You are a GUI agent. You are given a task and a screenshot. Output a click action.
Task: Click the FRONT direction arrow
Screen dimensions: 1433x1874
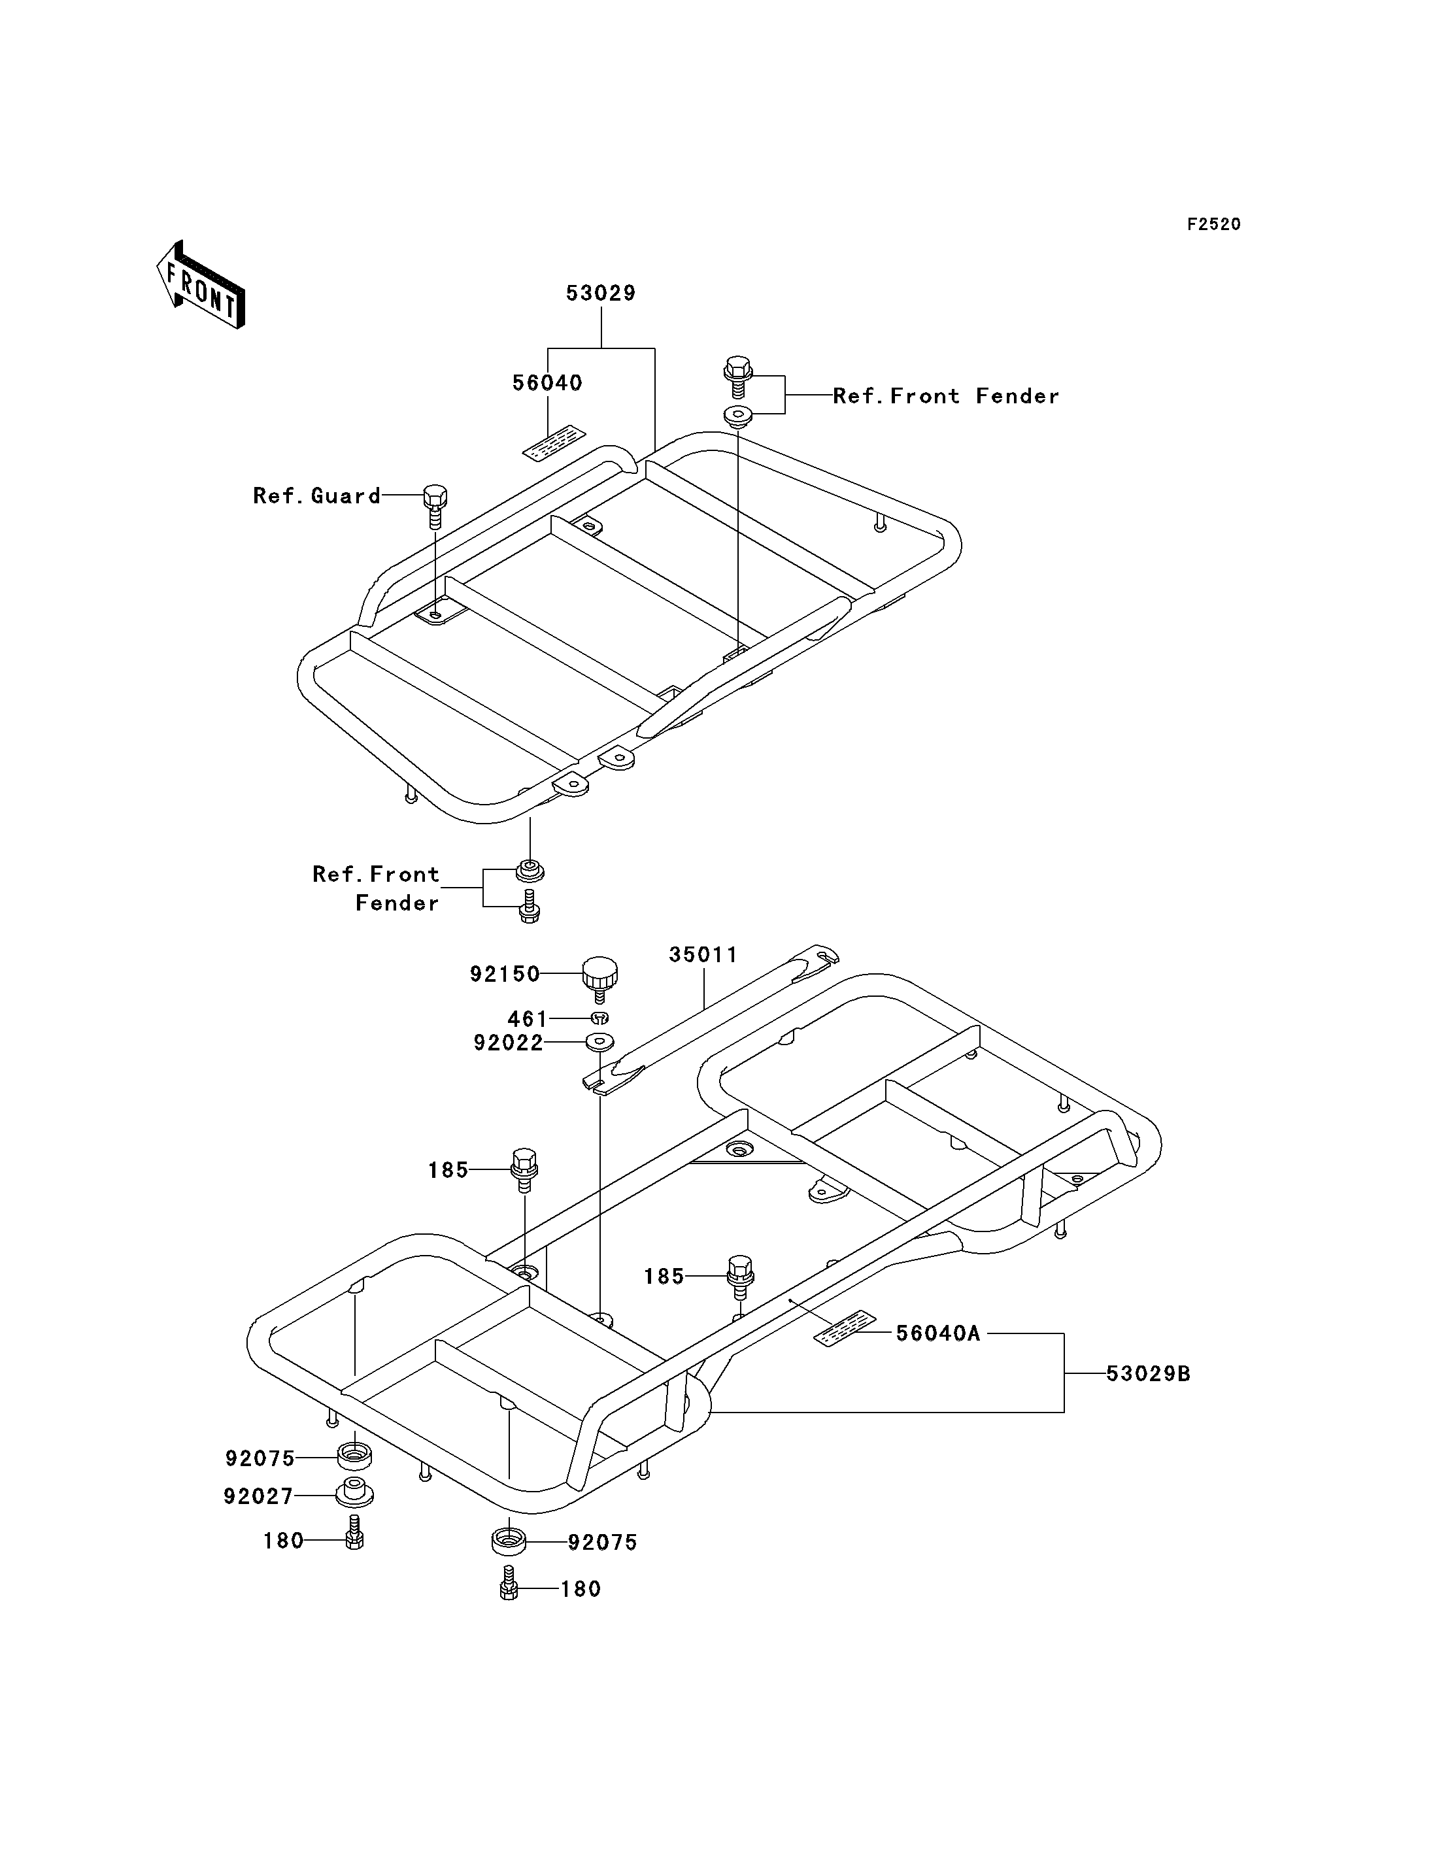tap(201, 284)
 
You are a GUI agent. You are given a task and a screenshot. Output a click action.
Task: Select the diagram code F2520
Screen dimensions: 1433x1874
tap(1214, 224)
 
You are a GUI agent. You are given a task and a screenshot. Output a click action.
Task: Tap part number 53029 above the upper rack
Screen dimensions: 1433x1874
tap(601, 293)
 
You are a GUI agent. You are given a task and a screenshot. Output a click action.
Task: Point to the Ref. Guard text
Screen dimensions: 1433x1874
tap(316, 495)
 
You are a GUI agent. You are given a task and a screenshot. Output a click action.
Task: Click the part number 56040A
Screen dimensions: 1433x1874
tap(938, 1333)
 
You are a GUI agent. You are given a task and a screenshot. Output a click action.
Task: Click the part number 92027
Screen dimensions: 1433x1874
tap(258, 1497)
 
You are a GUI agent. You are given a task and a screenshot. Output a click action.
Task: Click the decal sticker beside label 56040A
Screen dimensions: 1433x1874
tap(845, 1328)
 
